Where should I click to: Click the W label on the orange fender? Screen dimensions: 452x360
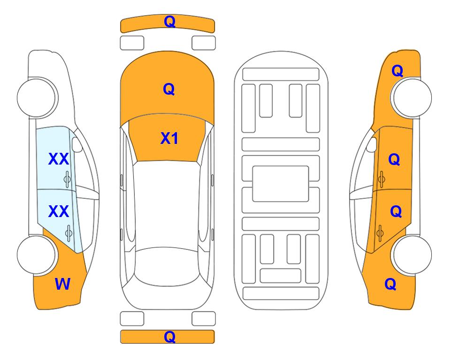tap(62, 284)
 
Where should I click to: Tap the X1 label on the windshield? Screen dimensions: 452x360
tap(169, 138)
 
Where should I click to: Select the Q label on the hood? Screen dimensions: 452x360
tap(169, 89)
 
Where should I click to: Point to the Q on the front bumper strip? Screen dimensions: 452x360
tap(169, 22)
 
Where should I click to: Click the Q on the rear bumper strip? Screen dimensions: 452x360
tap(169, 337)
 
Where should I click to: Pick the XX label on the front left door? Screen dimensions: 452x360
tap(59, 159)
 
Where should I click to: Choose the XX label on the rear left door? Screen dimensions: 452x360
tap(59, 211)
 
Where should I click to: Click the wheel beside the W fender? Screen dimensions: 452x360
tap(37, 255)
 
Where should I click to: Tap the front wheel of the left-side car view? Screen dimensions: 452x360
tap(37, 97)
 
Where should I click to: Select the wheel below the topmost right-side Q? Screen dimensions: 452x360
tap(412, 97)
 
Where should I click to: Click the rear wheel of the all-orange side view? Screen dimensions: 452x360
tap(412, 255)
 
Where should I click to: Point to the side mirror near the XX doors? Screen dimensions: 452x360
tap(77, 144)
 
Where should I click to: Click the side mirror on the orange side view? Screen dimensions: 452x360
tap(371, 144)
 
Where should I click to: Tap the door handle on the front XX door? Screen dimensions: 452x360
tap(67, 179)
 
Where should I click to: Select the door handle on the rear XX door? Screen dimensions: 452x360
tap(69, 233)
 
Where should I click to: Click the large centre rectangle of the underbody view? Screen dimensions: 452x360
tap(281, 184)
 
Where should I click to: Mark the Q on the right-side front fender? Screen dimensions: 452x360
tap(397, 71)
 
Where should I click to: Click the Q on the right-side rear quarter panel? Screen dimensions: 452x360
tap(391, 284)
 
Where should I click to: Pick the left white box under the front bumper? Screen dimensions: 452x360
tap(132, 43)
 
